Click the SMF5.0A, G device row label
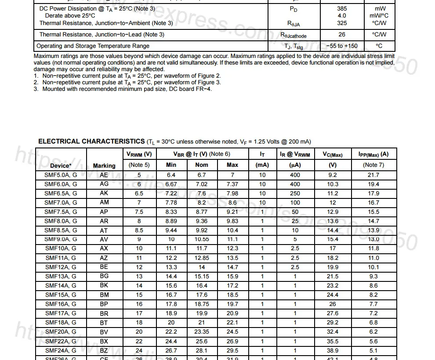pyautogui.click(x=61, y=175)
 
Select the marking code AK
pyautogui.click(x=104, y=193)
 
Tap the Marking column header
pyautogui.click(x=104, y=166)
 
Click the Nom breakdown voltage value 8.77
pyautogui.click(x=202, y=212)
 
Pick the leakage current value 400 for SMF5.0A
pyautogui.click(x=295, y=175)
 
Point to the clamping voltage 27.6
pyautogui.click(x=333, y=313)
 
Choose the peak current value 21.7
pyautogui.click(x=373, y=175)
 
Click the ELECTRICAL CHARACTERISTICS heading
pyautogui.click(x=91, y=141)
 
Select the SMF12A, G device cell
pyautogui.click(x=61, y=267)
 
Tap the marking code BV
pyautogui.click(x=104, y=331)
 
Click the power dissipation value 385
pyautogui.click(x=342, y=8)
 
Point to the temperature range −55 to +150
pyautogui.click(x=342, y=46)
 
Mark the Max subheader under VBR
pyautogui.click(x=232, y=165)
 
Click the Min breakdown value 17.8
pyautogui.click(x=171, y=304)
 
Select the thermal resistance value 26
pyautogui.click(x=342, y=34)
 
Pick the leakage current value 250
pyautogui.click(x=295, y=193)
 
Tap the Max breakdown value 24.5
pyautogui.click(x=232, y=331)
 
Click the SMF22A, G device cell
pyautogui.click(x=61, y=341)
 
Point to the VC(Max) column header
pyautogui.click(x=333, y=154)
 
